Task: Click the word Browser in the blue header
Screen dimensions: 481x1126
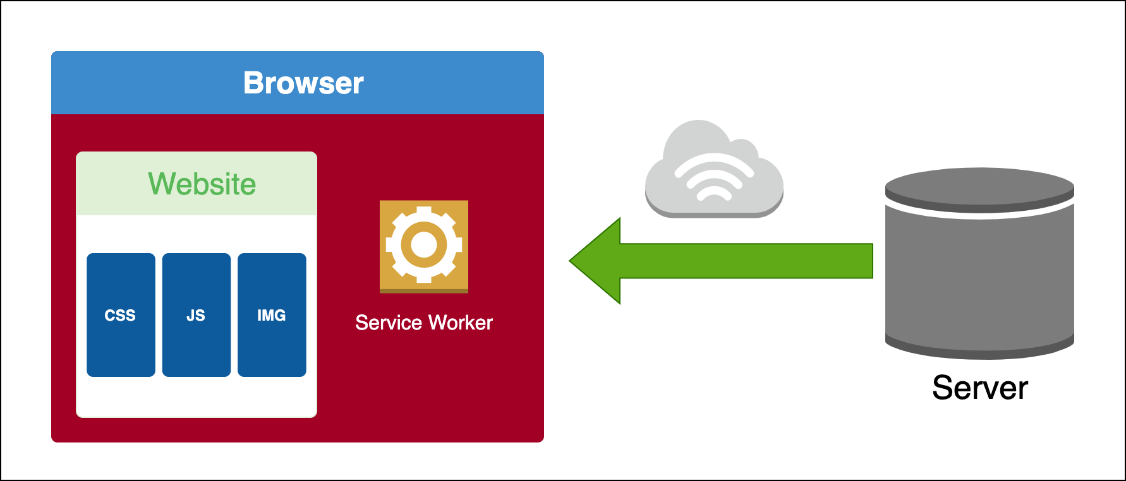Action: (303, 83)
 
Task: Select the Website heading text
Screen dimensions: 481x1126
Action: (202, 184)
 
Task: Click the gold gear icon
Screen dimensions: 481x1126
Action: (424, 246)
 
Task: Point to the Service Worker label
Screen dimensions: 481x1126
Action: (424, 323)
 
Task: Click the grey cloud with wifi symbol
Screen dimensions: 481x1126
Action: (714, 170)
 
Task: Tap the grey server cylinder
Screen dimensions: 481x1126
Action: (979, 278)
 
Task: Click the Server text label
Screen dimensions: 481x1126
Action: (980, 388)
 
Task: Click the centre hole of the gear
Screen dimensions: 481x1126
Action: (424, 245)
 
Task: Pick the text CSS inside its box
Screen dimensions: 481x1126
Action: (120, 316)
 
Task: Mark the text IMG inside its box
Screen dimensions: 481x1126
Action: (272, 316)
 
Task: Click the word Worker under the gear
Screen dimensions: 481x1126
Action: (460, 323)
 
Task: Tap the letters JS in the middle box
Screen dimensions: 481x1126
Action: (196, 316)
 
